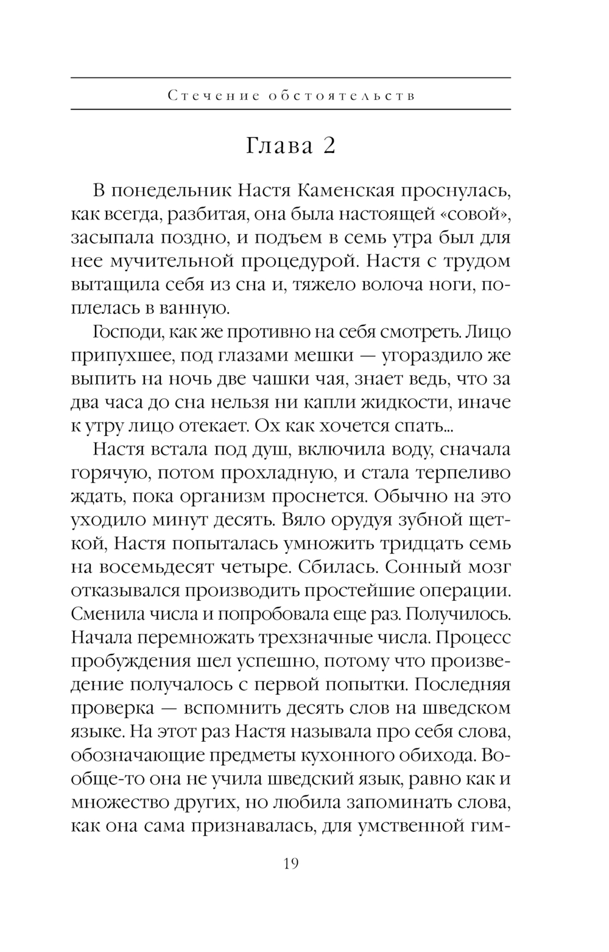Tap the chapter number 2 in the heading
coord(328,146)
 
